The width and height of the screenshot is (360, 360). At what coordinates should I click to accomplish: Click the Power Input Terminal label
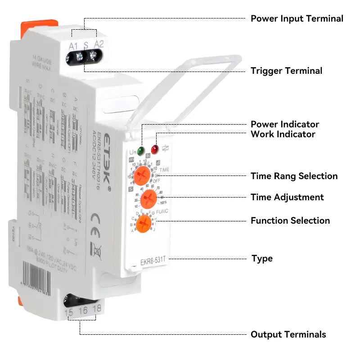click(297, 18)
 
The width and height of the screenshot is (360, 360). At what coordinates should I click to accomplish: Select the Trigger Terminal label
click(286, 71)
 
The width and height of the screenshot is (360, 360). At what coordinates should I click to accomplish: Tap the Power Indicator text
click(284, 124)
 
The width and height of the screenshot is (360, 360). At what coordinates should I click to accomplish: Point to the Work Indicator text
click(283, 134)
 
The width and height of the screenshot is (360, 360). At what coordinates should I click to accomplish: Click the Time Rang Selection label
click(294, 176)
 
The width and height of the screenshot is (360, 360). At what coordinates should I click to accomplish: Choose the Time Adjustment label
click(287, 197)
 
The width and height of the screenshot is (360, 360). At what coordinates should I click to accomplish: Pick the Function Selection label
click(290, 220)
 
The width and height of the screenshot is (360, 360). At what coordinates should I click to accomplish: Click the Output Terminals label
click(288, 334)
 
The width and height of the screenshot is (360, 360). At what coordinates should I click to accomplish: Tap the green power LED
click(141, 151)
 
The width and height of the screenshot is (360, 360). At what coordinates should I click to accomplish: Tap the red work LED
click(155, 149)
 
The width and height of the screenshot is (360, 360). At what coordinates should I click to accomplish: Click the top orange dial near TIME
click(142, 174)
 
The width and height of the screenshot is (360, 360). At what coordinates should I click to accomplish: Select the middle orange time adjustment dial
click(148, 198)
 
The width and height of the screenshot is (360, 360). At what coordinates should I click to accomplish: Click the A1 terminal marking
click(73, 45)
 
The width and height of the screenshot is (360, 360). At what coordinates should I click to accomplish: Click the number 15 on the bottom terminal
click(69, 312)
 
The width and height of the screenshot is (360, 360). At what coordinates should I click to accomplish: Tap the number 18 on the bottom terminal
click(97, 309)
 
